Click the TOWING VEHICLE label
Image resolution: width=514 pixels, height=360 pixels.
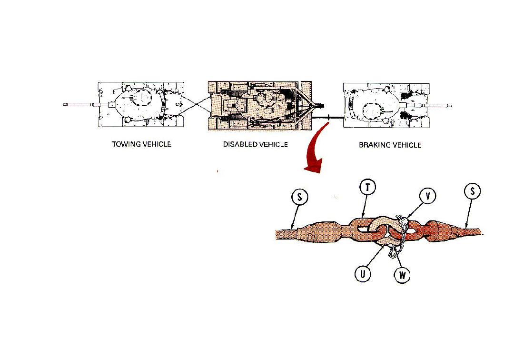coord(142,144)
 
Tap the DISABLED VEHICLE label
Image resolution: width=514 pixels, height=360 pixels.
coord(256,145)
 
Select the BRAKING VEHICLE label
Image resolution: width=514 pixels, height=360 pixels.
coord(390,145)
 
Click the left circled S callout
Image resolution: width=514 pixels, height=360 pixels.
coord(300,197)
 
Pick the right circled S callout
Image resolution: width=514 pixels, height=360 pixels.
coord(473,191)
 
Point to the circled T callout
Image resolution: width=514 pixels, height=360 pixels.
coord(367,188)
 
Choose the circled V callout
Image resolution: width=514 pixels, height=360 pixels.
coord(427,196)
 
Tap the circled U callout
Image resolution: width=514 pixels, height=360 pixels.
coord(363,273)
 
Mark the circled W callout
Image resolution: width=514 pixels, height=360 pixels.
coord(402,275)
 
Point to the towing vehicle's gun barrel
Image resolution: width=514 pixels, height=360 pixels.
coord(86,105)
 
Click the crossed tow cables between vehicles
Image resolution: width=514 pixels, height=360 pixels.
coord(196,105)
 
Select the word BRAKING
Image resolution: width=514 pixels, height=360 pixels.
coord(375,145)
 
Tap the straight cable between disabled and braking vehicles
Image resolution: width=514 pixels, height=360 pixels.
coord(327,117)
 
